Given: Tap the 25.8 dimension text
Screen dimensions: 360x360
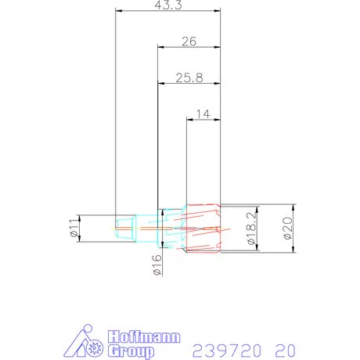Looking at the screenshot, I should [188, 77].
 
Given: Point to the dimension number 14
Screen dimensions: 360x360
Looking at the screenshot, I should [201, 113].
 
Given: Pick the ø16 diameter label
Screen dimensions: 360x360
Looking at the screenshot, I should [157, 266].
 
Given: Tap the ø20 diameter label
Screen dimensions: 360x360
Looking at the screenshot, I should [288, 229].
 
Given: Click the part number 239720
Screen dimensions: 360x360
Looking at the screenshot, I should [224, 347].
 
